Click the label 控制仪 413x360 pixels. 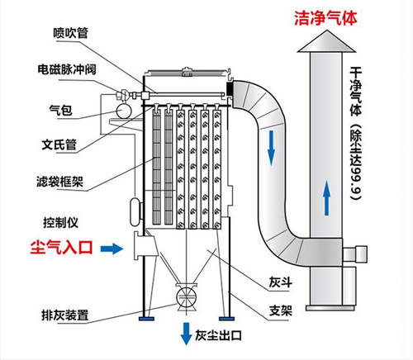(x=59, y=222)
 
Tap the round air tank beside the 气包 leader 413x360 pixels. (x=125, y=107)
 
